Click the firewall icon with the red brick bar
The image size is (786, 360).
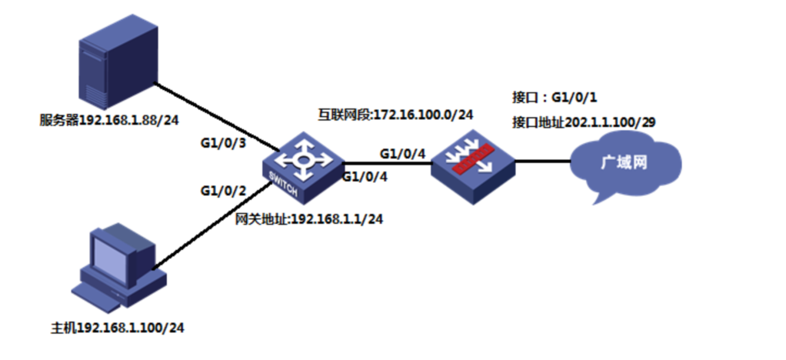[473, 167]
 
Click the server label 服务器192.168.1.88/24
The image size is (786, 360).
[108, 121]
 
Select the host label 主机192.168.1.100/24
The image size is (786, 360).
[118, 328]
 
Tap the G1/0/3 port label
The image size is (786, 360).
[224, 143]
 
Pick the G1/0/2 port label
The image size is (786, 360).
[223, 191]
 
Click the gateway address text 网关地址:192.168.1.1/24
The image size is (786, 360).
[309, 219]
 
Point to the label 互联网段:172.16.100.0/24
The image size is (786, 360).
[395, 115]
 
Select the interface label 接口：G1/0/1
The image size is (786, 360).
[555, 97]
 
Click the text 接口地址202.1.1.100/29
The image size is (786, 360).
[584, 122]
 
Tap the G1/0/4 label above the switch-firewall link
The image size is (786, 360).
[402, 153]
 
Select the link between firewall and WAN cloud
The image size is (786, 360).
[543, 162]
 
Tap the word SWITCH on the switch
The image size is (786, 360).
[283, 185]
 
